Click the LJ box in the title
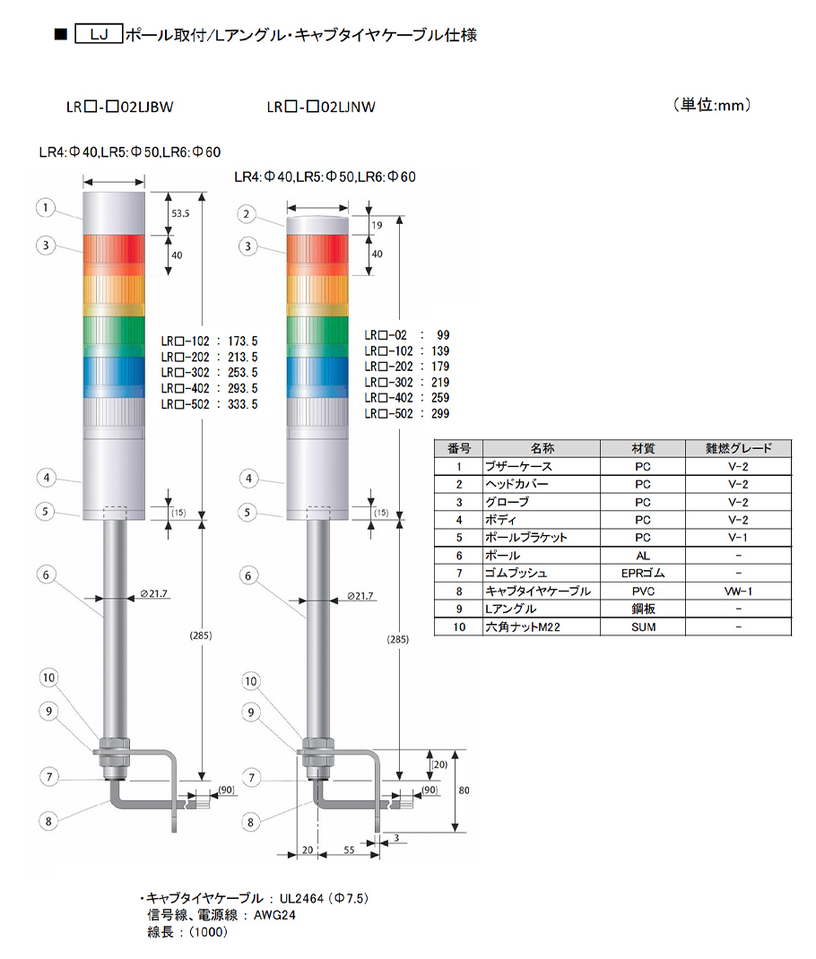click(99, 34)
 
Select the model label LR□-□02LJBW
click(120, 107)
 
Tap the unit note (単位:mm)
click(712, 105)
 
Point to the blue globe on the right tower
click(317, 376)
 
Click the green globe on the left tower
click(114, 336)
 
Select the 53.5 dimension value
click(180, 213)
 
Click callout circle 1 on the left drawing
click(45, 208)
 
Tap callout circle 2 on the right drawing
click(247, 214)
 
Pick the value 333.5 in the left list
click(243, 404)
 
